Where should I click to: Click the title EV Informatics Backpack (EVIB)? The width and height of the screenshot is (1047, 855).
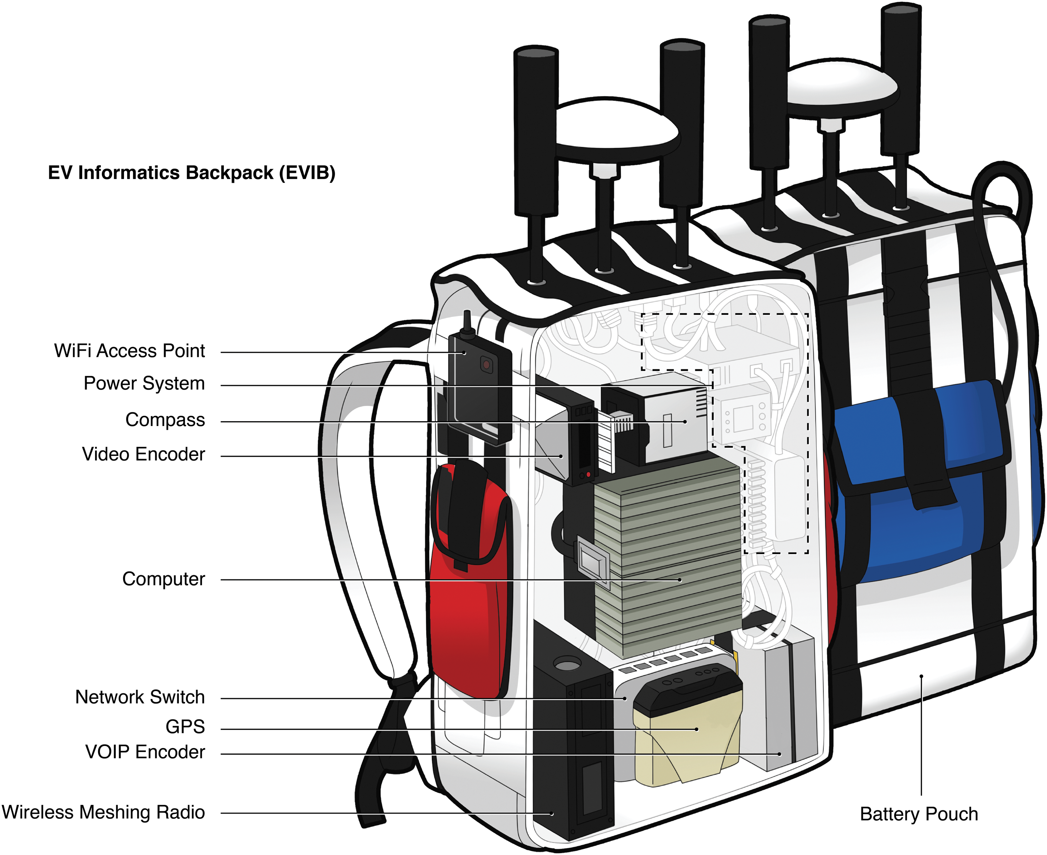pyautogui.click(x=191, y=173)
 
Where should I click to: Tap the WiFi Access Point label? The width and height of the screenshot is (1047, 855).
pyautogui.click(x=129, y=351)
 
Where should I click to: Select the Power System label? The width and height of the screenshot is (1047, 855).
pyautogui.click(x=144, y=383)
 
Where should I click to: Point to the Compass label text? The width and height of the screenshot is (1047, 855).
pyautogui.click(x=165, y=420)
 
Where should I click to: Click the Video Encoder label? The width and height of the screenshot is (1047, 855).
pyautogui.click(x=143, y=454)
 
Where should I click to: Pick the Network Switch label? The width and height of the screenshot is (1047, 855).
pyautogui.click(x=140, y=697)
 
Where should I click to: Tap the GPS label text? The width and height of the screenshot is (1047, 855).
pyautogui.click(x=185, y=727)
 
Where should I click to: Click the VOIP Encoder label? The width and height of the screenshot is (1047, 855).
pyautogui.click(x=145, y=752)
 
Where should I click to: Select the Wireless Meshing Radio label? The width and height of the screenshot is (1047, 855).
pyautogui.click(x=103, y=812)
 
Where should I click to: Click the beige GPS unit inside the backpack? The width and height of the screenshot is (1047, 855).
pyautogui.click(x=688, y=729)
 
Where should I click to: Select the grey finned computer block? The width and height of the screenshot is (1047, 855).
pyautogui.click(x=668, y=556)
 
